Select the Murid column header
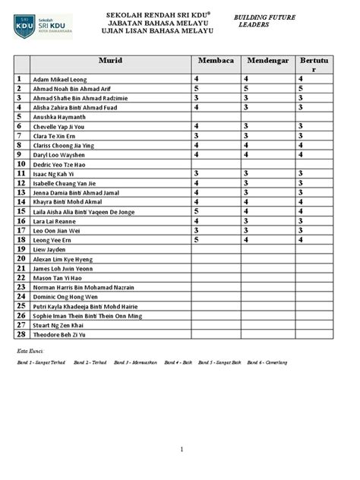(110, 61)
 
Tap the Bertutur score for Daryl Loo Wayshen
(302, 154)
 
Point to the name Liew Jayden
(49, 249)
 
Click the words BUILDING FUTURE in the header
(264, 16)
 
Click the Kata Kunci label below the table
(31, 352)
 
